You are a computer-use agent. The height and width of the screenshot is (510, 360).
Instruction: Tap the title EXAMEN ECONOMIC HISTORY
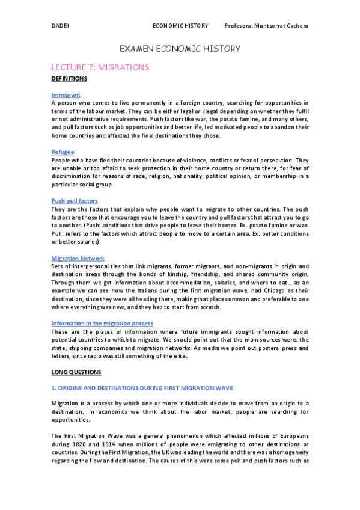point(180,48)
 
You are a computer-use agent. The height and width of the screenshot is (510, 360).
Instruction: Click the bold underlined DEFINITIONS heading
point(69,79)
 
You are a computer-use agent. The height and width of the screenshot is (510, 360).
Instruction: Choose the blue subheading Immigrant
point(66,95)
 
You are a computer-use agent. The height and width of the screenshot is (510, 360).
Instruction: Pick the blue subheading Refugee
point(63,152)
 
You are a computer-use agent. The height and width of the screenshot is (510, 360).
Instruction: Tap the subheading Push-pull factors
point(75,200)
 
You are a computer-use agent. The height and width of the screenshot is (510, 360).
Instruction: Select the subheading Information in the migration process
point(102,323)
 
